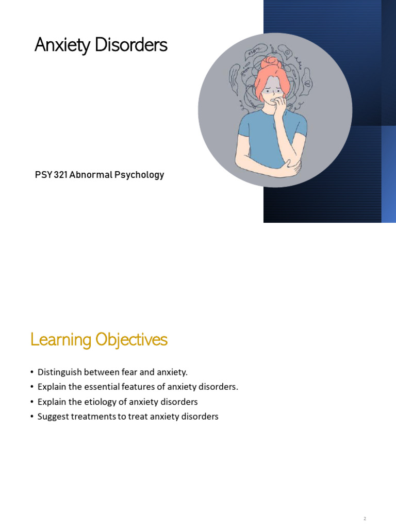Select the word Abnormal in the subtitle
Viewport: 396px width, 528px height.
click(x=91, y=175)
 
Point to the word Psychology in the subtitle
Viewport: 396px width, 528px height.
click(x=140, y=175)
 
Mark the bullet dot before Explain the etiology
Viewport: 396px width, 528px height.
click(x=32, y=402)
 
